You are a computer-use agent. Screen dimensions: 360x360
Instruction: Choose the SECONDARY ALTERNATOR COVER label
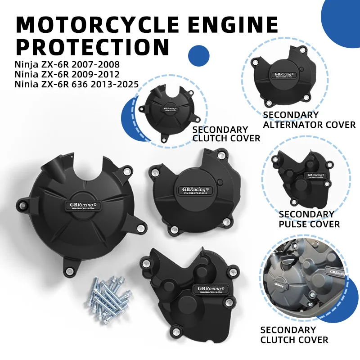[309, 120]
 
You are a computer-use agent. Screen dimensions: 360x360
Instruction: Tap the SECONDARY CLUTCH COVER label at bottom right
[294, 335]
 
